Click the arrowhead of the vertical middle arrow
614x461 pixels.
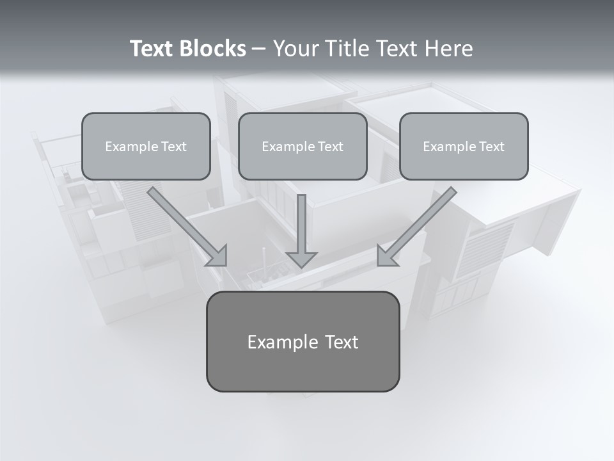(301, 259)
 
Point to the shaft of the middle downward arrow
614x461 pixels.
(301, 221)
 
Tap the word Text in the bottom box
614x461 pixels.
(341, 342)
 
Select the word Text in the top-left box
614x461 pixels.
(173, 147)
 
